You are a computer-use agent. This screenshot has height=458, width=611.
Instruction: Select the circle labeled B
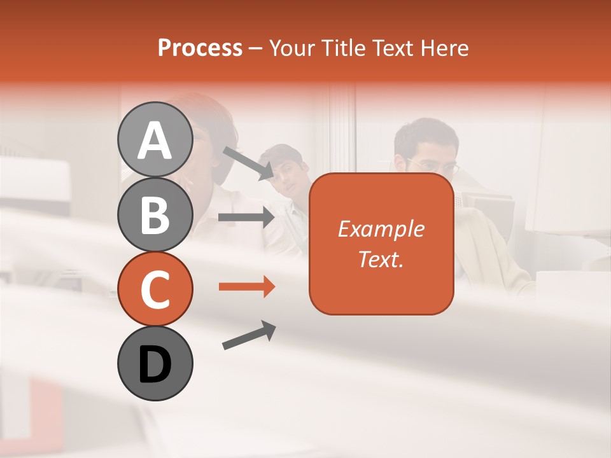[x=155, y=214]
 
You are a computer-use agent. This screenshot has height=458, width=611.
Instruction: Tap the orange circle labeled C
[x=155, y=289]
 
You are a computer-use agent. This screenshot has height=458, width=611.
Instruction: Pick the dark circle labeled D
[x=155, y=363]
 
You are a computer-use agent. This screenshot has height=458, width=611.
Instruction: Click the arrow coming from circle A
[x=248, y=163]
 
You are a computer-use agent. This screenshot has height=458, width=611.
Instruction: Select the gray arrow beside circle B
[x=246, y=218]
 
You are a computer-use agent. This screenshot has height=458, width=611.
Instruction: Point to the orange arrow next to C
[x=247, y=287]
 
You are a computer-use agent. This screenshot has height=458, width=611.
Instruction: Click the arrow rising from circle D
[x=249, y=335]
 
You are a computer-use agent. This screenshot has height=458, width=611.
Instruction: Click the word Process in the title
[x=200, y=48]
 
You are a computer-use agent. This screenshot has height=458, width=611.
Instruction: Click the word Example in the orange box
[x=381, y=230]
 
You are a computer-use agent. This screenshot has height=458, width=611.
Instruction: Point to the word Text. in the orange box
[x=381, y=259]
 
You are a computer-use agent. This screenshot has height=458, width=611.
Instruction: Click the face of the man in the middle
[x=290, y=175]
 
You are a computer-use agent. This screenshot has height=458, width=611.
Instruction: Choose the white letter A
[x=155, y=140]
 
